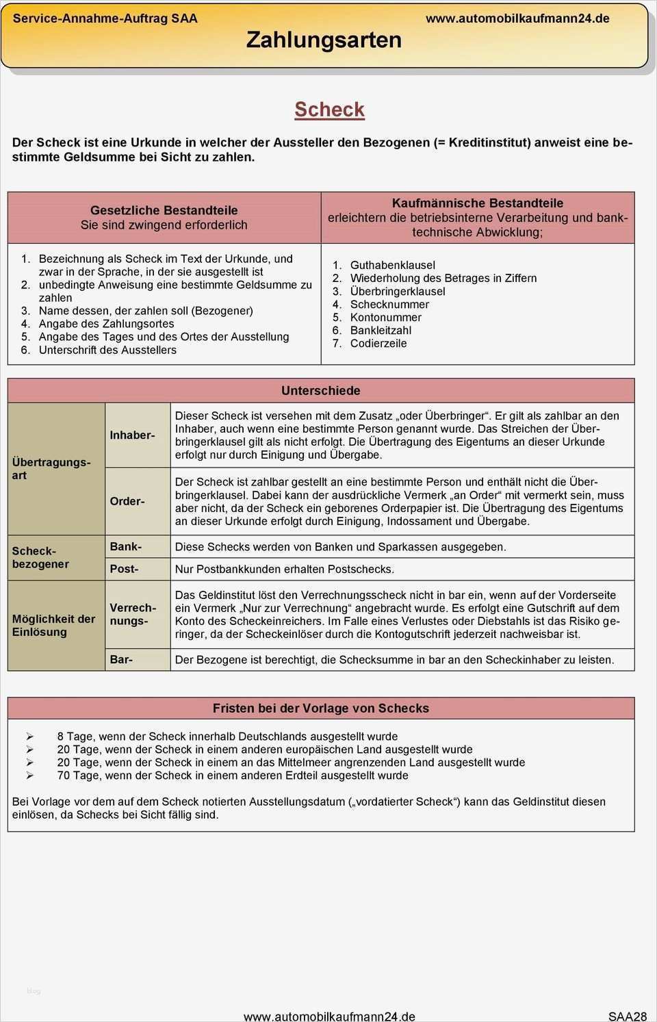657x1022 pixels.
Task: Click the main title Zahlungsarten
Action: click(x=324, y=40)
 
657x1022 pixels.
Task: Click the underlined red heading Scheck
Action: click(x=329, y=110)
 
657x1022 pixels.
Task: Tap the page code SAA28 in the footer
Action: click(x=627, y=1016)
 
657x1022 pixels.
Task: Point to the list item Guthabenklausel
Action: click(x=392, y=265)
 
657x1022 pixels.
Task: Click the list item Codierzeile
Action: click(x=378, y=343)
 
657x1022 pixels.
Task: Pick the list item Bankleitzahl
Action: click(x=381, y=330)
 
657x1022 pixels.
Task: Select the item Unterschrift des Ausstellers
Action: click(x=107, y=350)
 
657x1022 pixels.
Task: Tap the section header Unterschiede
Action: click(x=320, y=391)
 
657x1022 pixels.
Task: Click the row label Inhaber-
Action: click(x=132, y=435)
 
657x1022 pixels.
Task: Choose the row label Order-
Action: click(x=127, y=501)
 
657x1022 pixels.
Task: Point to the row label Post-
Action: click(x=124, y=569)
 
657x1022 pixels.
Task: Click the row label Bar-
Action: click(x=121, y=659)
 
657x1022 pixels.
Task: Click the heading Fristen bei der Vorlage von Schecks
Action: click(x=320, y=708)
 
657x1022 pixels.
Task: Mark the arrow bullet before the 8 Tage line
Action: click(x=29, y=737)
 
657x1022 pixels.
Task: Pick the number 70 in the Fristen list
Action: click(x=64, y=776)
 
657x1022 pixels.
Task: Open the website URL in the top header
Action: click(x=517, y=18)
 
